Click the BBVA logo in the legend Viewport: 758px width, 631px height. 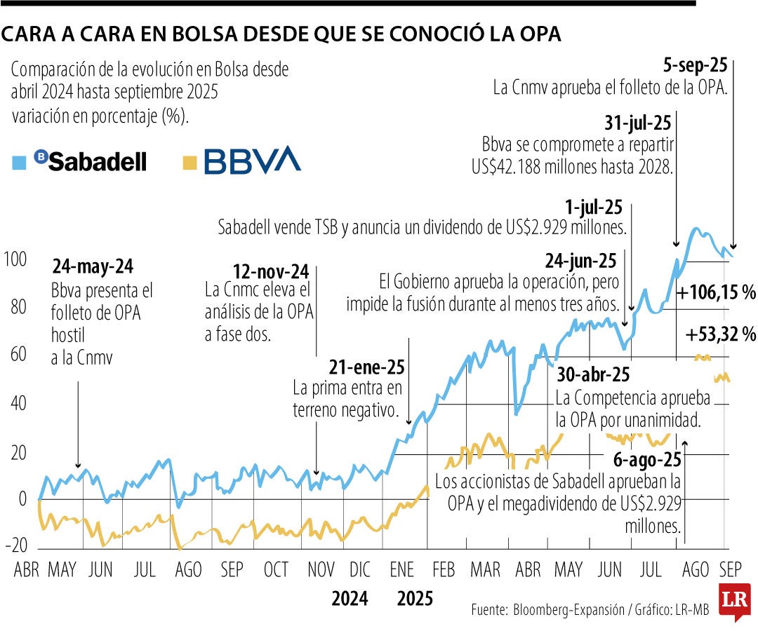pyautogui.click(x=252, y=161)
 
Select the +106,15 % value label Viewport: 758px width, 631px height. pyautogui.click(x=714, y=292)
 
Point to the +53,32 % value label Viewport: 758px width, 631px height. pyautogui.click(x=720, y=337)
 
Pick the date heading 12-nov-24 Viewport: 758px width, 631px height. pyautogui.click(x=271, y=271)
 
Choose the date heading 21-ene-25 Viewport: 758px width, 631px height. pyautogui.click(x=366, y=367)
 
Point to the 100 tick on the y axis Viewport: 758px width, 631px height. pyautogui.click(x=15, y=259)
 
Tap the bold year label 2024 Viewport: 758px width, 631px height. pyautogui.click(x=350, y=599)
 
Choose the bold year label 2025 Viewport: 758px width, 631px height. pyautogui.click(x=415, y=599)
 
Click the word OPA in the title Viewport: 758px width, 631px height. pyautogui.click(x=533, y=34)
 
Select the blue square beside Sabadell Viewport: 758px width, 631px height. pyautogui.click(x=20, y=162)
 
